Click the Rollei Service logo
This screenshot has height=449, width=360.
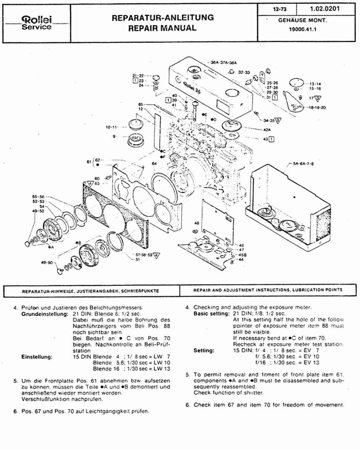pos(36,23)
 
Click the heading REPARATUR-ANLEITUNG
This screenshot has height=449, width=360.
pos(163,18)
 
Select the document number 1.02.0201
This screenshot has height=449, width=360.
pos(324,8)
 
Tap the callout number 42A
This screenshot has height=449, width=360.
pos(267,130)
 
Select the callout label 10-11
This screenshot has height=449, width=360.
pos(112,127)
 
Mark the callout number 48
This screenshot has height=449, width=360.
pos(196,223)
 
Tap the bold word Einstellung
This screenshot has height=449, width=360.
pos(37,357)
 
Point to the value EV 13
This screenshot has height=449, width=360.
pos(311,363)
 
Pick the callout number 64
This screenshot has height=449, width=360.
pos(154,164)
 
